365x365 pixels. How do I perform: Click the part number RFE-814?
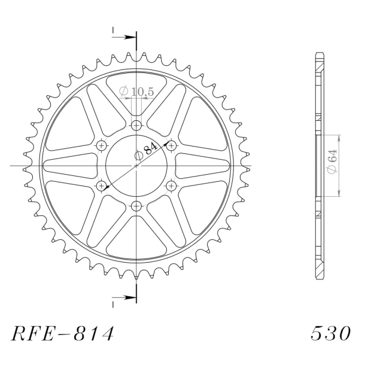62,333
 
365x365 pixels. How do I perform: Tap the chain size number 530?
330,333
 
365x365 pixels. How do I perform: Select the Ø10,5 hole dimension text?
136,92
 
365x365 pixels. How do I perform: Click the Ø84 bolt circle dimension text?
146,152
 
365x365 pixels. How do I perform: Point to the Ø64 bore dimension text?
332,161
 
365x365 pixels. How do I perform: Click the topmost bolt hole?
136,126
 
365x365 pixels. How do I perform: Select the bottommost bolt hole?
136,206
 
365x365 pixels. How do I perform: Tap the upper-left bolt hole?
102,146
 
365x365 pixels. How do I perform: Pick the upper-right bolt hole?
171,146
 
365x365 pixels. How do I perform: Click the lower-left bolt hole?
102,185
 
